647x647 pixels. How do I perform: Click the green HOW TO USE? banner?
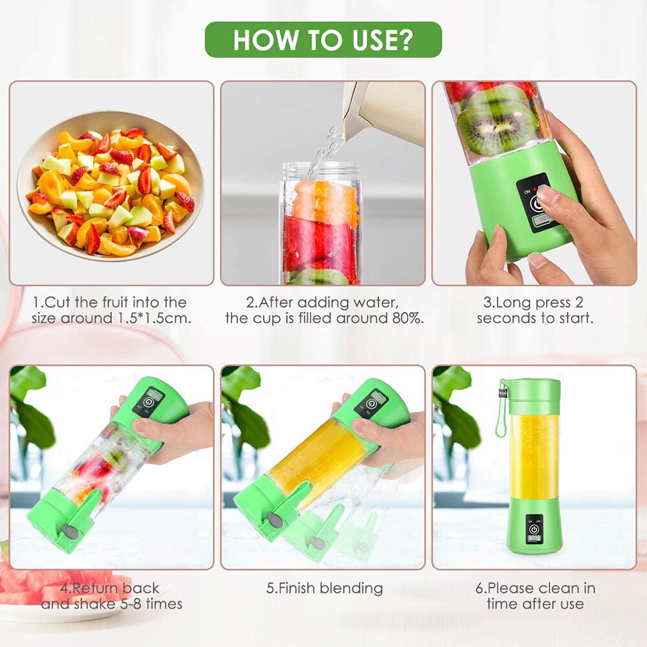coord(323,39)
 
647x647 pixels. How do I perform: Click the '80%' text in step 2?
coord(406,318)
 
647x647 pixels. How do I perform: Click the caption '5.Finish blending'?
coord(324,588)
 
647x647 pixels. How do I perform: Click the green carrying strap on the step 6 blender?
coord(500,414)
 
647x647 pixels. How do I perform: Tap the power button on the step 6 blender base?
coord(534,529)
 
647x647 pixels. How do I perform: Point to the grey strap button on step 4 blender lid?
coord(67,532)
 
